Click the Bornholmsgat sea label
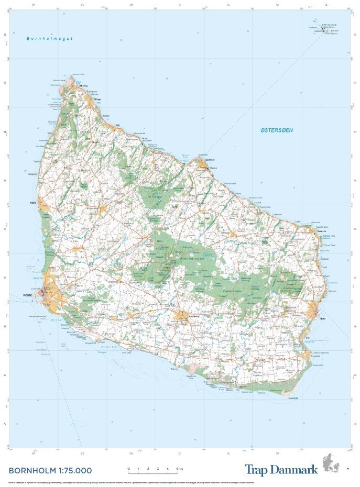(x=50, y=39)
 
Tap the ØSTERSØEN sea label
(x=277, y=130)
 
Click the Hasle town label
(x=33, y=202)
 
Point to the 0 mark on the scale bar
(x=128, y=469)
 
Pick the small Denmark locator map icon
(x=335, y=464)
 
